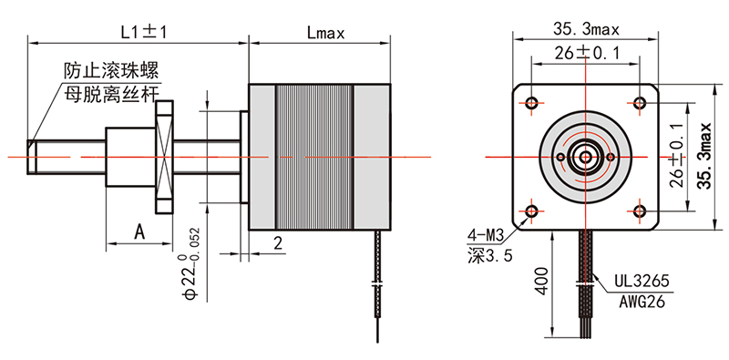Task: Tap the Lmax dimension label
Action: [x=325, y=33]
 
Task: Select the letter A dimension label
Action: [x=139, y=231]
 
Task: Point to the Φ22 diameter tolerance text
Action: [x=191, y=262]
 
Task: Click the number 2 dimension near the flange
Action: [x=278, y=243]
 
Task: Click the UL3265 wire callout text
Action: [x=642, y=281]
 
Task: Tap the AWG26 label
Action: [x=642, y=302]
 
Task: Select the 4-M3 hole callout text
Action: [x=486, y=237]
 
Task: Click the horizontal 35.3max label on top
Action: [x=586, y=30]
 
